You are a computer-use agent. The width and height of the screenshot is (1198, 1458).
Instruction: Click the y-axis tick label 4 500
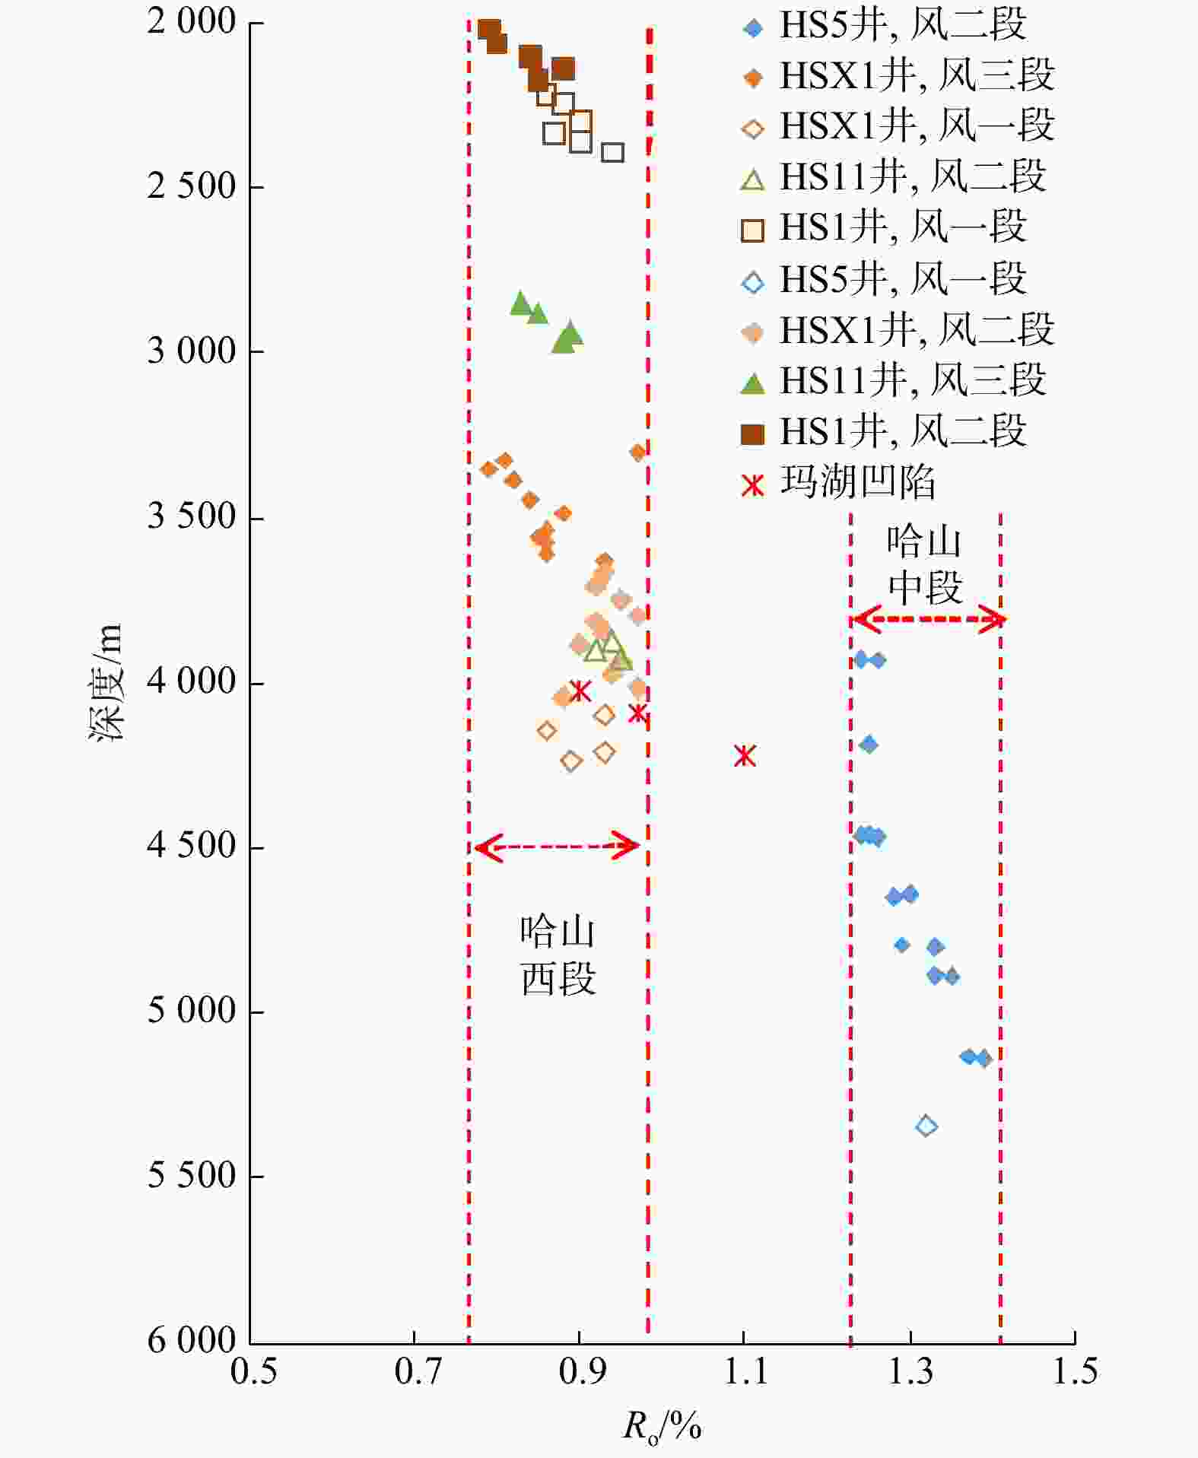[x=192, y=845]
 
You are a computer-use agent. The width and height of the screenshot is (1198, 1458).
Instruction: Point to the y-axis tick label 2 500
[x=192, y=186]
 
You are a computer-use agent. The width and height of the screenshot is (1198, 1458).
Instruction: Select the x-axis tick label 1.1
[x=744, y=1371]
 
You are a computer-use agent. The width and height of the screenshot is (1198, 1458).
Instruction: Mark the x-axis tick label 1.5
[x=1074, y=1371]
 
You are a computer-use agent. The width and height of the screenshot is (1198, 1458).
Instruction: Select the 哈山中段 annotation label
[x=925, y=564]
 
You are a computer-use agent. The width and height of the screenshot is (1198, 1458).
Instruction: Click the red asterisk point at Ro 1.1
[x=745, y=755]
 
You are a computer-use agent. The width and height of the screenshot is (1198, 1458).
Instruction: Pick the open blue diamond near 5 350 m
[x=926, y=1126]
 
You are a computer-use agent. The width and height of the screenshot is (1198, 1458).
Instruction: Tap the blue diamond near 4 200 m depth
[x=869, y=745]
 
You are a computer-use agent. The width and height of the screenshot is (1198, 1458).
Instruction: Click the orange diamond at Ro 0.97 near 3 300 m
[x=638, y=453]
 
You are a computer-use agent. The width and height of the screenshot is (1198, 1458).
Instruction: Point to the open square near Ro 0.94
[x=613, y=152]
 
